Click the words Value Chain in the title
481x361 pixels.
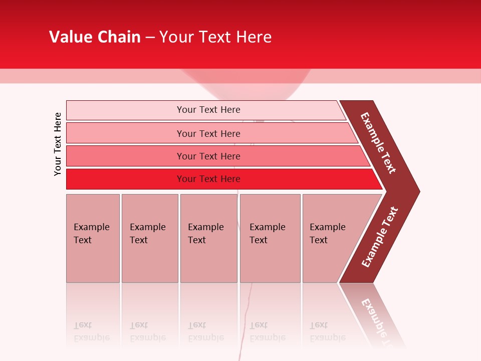[x=95, y=37]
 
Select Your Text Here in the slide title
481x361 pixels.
[x=215, y=37]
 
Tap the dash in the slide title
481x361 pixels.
[x=150, y=38]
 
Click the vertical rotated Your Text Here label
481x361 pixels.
[x=58, y=144]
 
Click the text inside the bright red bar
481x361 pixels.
[x=208, y=179]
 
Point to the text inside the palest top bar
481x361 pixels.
[x=208, y=110]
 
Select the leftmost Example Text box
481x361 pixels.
[x=93, y=238]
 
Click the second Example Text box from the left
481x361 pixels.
[x=149, y=238]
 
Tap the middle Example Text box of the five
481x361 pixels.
[x=208, y=238]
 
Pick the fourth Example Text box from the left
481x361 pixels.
[x=270, y=238]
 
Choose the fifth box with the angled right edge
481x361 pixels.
[x=331, y=238]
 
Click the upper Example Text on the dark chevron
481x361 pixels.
[x=378, y=143]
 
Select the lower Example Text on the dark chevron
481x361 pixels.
[x=379, y=237]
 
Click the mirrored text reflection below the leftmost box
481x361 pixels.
[x=92, y=331]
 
